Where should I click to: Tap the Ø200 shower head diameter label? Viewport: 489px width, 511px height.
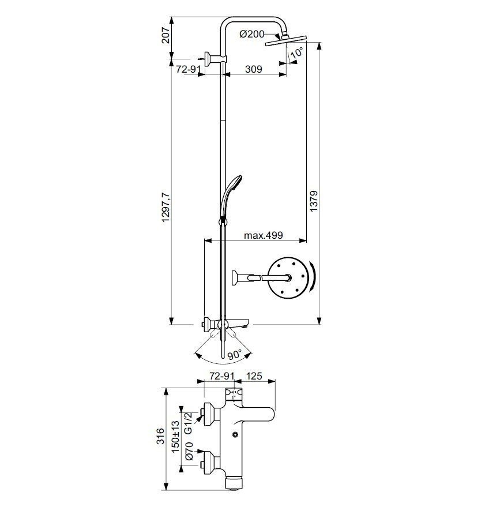click(251, 35)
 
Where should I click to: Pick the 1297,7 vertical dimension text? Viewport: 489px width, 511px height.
click(166, 208)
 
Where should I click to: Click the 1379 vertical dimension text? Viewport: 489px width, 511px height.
click(313, 201)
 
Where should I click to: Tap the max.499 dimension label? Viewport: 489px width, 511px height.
click(262, 235)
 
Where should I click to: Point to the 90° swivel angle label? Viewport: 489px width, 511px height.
click(234, 356)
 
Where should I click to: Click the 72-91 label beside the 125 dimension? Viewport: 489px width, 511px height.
click(222, 376)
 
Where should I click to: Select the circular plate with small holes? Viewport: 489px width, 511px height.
click(288, 278)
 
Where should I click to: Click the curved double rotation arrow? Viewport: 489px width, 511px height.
click(312, 279)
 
